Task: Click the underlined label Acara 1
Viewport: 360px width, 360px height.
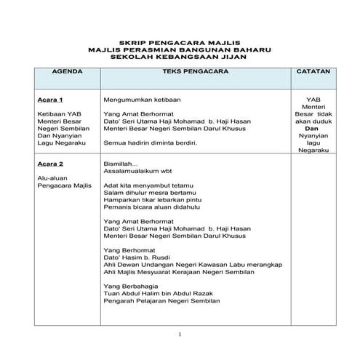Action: pyautogui.click(x=49, y=100)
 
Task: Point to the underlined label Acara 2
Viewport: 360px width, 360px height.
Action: pyautogui.click(x=49, y=164)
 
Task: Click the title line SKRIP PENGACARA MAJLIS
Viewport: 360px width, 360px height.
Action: pyautogui.click(x=180, y=43)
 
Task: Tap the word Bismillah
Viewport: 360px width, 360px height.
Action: pyautogui.click(x=121, y=164)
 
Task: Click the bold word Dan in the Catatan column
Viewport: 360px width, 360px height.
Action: pyautogui.click(x=314, y=128)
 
